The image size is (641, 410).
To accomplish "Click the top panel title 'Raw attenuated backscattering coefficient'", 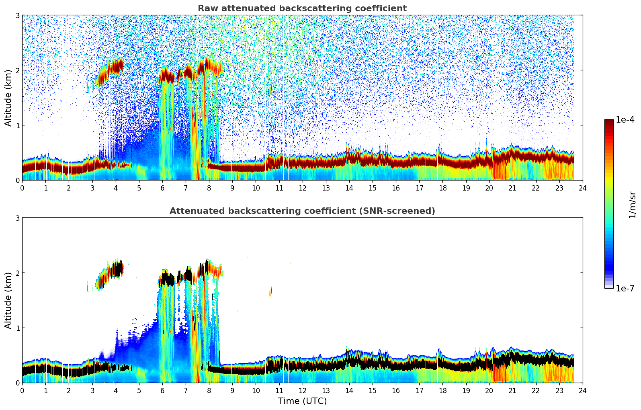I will click(x=302, y=8).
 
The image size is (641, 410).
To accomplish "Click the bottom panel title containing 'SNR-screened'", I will click(x=302, y=211).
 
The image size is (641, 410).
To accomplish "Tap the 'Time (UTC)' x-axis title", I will click(x=302, y=401).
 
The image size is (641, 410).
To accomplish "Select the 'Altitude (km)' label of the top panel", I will click(x=8, y=98).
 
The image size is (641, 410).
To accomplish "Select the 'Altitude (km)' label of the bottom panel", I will click(x=8, y=300).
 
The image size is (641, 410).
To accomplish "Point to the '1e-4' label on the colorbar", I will click(x=625, y=120).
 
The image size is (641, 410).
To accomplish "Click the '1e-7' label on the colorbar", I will click(x=625, y=289).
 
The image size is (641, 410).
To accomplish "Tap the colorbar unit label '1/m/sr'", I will click(x=632, y=205).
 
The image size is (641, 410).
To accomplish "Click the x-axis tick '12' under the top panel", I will click(x=302, y=188).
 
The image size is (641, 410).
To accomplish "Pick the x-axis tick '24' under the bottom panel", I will click(x=582, y=390).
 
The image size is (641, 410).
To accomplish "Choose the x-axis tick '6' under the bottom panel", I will click(x=162, y=390).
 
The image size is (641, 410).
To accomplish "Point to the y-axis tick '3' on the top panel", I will click(x=17, y=15).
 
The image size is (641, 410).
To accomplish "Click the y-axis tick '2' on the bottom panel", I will click(x=17, y=273).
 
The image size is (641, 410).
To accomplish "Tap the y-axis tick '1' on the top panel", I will click(x=17, y=125).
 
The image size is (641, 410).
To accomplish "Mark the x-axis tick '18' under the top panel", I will click(x=442, y=188).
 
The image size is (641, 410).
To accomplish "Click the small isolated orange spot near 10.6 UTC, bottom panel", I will click(x=270, y=291).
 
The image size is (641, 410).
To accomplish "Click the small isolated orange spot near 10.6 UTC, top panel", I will click(x=270, y=89).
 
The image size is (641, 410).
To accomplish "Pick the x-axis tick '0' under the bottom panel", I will click(x=22, y=390).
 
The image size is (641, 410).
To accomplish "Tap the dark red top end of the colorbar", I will click(x=608, y=122).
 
